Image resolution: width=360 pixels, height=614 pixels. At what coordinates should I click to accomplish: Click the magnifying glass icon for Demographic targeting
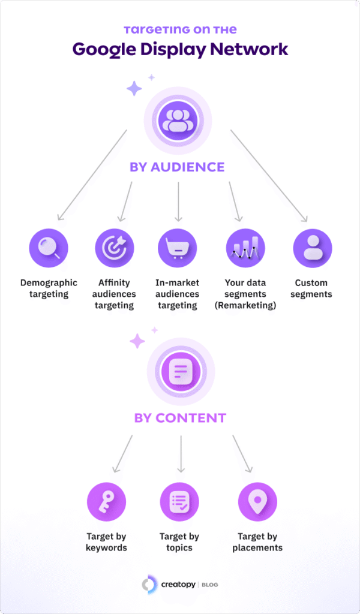click(49, 248)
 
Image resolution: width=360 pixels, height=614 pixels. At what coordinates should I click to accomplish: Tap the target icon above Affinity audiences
click(114, 248)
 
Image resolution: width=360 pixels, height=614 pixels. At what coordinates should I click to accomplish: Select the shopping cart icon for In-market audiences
click(177, 248)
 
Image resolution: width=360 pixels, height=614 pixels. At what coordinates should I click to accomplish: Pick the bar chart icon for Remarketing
click(245, 248)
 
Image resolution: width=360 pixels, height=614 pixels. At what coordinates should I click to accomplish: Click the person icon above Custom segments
click(312, 248)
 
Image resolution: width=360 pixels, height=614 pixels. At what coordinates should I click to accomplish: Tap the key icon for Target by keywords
click(106, 500)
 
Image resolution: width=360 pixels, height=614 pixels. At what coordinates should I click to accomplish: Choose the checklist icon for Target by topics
click(179, 500)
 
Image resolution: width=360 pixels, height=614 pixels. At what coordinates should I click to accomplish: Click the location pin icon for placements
click(257, 500)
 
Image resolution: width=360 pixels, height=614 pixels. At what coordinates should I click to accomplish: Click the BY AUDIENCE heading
click(178, 167)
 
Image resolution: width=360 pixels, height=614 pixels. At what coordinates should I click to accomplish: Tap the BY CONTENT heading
click(180, 417)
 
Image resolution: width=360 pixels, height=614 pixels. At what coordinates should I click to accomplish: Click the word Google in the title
click(107, 49)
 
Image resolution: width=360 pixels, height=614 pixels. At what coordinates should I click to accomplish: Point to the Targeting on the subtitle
click(180, 29)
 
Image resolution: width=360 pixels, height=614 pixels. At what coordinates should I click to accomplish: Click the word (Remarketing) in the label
click(245, 305)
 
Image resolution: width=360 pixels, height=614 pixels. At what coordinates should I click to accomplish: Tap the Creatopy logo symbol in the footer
click(149, 585)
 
